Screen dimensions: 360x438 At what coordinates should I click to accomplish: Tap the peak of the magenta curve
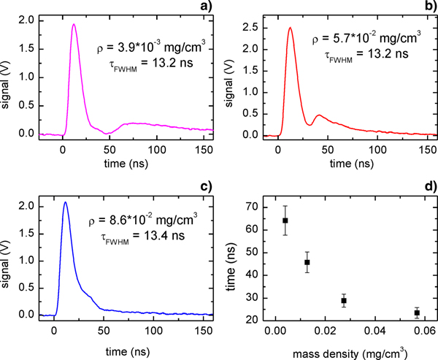[74, 24]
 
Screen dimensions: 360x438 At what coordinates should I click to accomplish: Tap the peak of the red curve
[290, 28]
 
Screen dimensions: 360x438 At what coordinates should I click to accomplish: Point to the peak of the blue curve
[65, 202]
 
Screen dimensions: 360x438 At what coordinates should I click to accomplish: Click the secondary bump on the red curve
[318, 115]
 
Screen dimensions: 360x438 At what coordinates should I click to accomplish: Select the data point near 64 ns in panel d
[285, 221]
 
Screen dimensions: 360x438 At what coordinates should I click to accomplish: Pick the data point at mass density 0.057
[417, 313]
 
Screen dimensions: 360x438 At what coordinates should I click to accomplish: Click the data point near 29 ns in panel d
[344, 300]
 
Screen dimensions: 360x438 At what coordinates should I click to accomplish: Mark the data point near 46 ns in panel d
[307, 262]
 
